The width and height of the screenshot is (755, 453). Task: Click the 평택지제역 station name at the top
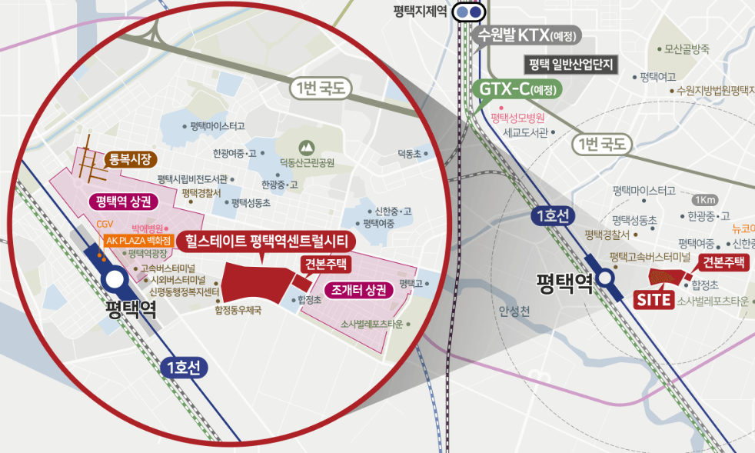[419, 12]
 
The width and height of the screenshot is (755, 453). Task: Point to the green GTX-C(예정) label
[520, 88]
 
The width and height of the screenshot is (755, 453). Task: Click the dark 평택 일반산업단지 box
[572, 64]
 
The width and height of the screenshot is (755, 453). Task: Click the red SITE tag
[654, 299]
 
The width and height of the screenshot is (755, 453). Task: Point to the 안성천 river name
[514, 311]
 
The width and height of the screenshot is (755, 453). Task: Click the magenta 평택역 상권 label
[123, 202]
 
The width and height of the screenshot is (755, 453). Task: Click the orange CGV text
[105, 224]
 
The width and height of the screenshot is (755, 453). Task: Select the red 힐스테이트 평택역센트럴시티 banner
[266, 241]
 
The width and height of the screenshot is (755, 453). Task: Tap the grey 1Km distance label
[703, 199]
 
